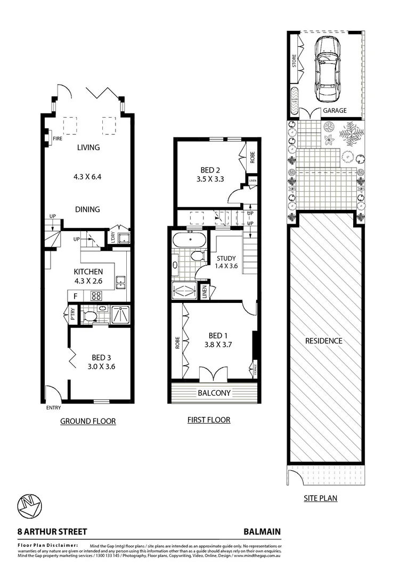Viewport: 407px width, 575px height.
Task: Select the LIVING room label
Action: [x=88, y=147]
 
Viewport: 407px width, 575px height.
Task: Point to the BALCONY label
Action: [x=214, y=393]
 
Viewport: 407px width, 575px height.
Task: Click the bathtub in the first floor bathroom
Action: [x=189, y=240]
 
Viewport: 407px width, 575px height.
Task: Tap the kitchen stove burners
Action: [x=97, y=296]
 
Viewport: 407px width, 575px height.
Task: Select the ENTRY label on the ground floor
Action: [x=53, y=408]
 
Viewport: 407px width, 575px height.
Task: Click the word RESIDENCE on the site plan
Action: [x=324, y=341]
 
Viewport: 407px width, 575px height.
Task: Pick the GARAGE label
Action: [x=335, y=111]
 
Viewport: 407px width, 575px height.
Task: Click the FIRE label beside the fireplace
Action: [x=58, y=138]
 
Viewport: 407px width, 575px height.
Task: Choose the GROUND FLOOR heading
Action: [x=88, y=421]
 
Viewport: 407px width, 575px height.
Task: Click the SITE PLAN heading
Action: [x=320, y=499]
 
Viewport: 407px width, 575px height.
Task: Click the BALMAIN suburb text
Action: [x=262, y=531]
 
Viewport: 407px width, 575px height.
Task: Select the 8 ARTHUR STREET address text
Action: [x=45, y=531]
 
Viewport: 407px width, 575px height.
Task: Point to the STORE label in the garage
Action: [x=294, y=60]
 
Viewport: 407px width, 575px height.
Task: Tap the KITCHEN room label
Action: [x=88, y=272]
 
